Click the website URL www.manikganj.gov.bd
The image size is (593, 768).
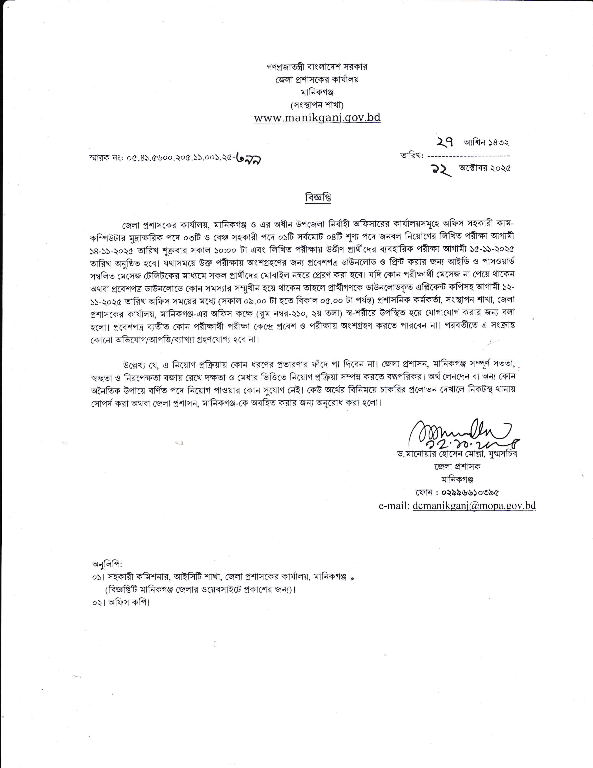pyautogui.click(x=317, y=117)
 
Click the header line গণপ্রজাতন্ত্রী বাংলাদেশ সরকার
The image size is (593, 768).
pyautogui.click(x=317, y=67)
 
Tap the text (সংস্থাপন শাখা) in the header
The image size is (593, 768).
pyautogui.click(x=317, y=105)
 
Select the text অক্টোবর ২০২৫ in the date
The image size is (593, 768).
pyautogui.click(x=485, y=168)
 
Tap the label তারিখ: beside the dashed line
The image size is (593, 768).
pyautogui.click(x=412, y=155)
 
